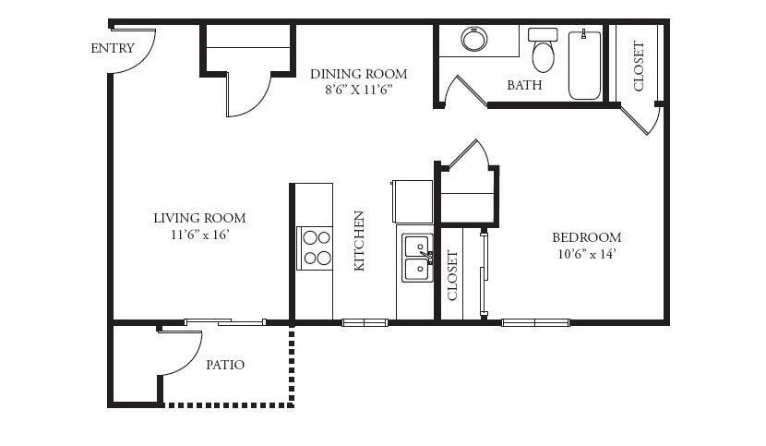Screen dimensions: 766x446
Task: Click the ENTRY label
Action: [x=113, y=48]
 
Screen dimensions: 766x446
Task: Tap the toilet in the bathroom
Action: [x=543, y=50]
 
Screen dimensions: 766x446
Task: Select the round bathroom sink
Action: [x=473, y=39]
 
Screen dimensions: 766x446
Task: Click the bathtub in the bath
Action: [x=584, y=65]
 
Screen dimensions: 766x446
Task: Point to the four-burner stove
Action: [x=315, y=248]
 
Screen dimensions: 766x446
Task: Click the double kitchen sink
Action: [x=418, y=258]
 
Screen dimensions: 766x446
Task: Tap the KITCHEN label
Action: [x=359, y=241]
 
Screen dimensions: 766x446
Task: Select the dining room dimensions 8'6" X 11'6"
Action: [x=359, y=90]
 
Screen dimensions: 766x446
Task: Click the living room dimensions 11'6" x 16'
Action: [x=199, y=235]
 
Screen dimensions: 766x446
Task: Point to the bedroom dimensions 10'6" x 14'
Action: [x=586, y=254]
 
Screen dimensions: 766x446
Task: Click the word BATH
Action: [x=524, y=85]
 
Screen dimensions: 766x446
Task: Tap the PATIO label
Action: [x=224, y=365]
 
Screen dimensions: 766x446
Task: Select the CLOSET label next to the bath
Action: [x=639, y=66]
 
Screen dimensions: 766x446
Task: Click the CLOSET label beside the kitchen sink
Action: [x=452, y=276]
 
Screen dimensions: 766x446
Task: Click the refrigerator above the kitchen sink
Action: [x=412, y=201]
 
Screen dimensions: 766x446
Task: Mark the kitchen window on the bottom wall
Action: [x=365, y=323]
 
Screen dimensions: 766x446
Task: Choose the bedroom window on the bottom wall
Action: [x=535, y=323]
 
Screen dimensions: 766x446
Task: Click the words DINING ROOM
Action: [x=359, y=74]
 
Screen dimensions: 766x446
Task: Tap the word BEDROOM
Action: [x=587, y=237]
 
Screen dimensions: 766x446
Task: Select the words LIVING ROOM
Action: [x=199, y=218]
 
